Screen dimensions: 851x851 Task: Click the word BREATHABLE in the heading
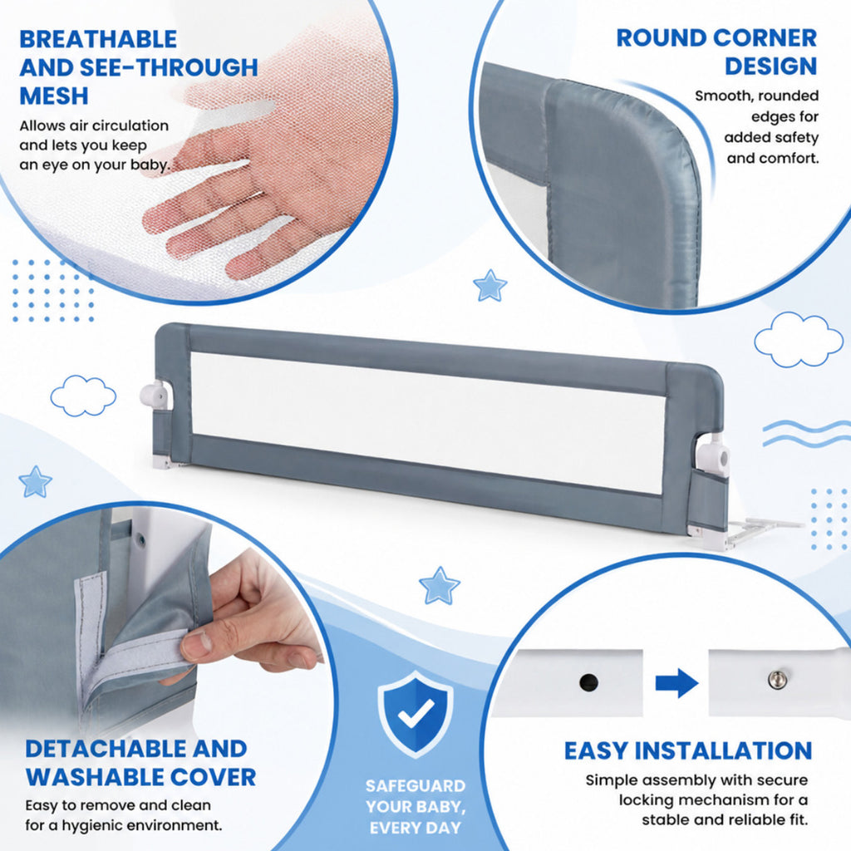98,40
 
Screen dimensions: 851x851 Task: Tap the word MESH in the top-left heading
54,96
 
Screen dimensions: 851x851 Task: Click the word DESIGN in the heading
770,66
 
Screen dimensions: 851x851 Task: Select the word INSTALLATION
724,751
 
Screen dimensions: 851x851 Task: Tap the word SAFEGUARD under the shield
416,786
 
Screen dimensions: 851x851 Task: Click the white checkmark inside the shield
416,712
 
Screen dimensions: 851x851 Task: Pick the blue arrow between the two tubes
676,683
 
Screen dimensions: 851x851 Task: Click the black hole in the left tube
589,681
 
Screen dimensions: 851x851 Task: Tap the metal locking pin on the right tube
778,679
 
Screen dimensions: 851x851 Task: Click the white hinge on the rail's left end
156,395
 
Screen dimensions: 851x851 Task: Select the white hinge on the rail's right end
714,455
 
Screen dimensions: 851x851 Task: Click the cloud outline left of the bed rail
83,396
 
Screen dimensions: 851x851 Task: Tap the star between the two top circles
489,286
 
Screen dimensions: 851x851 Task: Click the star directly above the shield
439,586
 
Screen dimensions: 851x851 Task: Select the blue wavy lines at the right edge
806,434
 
